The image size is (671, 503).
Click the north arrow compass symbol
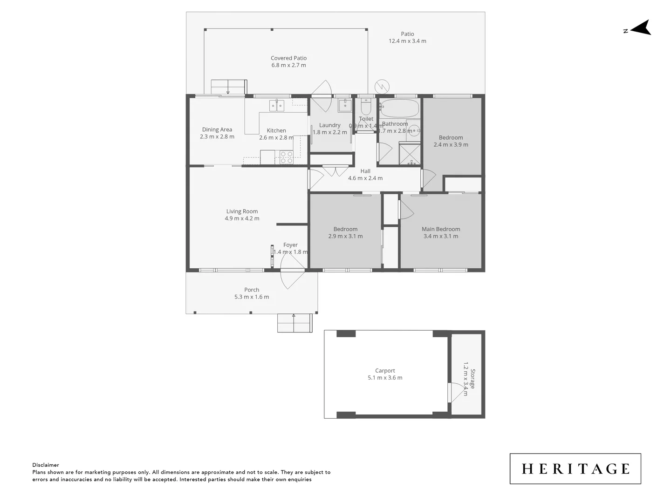coord(641,28)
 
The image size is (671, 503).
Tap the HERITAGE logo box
coord(575,469)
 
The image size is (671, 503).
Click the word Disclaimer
coord(46,465)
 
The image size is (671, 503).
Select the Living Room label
coord(242,211)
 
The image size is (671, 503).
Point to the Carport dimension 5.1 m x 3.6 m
coord(385,378)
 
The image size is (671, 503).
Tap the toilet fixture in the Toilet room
coord(366,108)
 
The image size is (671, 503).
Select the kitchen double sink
coord(277,106)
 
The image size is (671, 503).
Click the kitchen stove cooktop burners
coord(287,157)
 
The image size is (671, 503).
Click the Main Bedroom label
coord(441,229)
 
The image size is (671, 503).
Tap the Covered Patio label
coord(288,58)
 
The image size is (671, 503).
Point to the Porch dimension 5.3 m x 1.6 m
coord(252,297)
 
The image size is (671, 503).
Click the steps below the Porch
coord(294,323)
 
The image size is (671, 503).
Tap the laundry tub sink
coord(344,106)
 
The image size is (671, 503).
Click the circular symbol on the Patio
coord(382,87)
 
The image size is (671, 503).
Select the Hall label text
coord(365,171)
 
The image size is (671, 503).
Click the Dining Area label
coord(217,129)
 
